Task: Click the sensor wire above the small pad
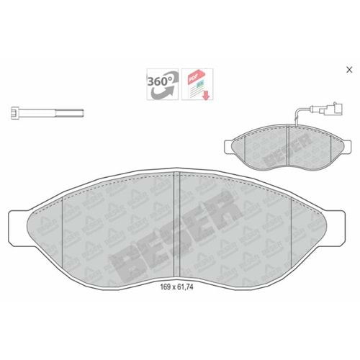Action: pyautogui.click(x=297, y=117)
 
